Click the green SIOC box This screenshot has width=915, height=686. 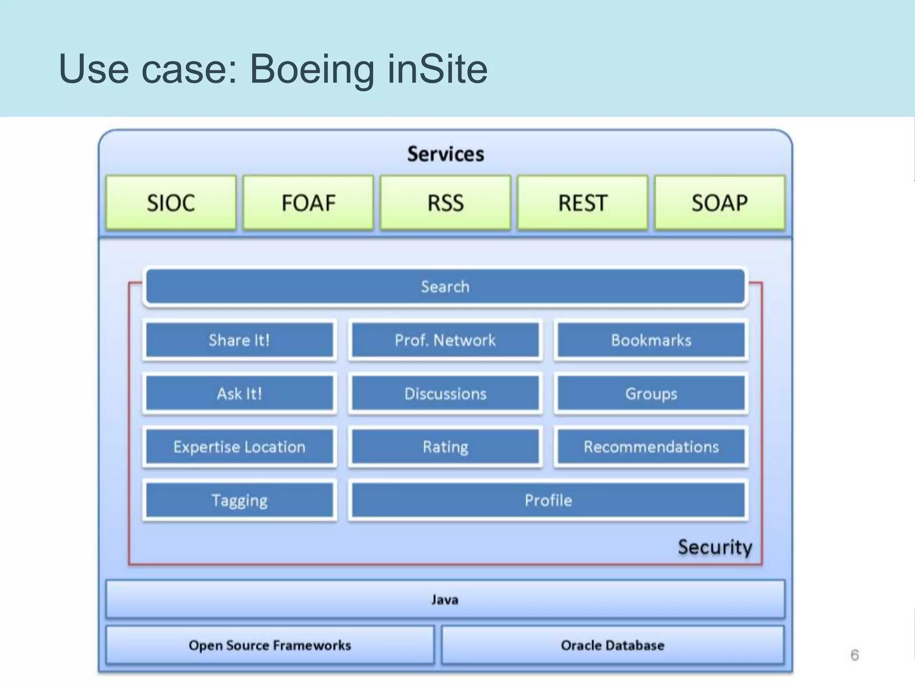point(171,203)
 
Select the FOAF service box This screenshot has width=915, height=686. point(308,203)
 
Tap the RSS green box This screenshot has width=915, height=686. point(445,203)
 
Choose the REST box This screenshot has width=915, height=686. point(583,203)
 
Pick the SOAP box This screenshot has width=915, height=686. point(720,203)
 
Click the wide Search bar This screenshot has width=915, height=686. point(445,286)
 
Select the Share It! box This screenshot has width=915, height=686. point(239,340)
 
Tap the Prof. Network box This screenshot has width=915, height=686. point(445,340)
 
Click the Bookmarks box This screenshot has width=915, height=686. point(651,340)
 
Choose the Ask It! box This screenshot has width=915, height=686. point(239,393)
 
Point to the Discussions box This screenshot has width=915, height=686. point(445,393)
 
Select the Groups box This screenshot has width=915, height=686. point(651,393)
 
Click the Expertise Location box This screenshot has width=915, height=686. point(239,447)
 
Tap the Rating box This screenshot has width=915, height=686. point(445,447)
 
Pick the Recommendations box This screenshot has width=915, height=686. point(651,447)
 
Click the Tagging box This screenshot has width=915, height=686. point(239,500)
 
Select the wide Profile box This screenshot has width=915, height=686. point(548,500)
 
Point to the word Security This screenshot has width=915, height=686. point(715,547)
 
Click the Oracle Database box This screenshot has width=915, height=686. point(613,645)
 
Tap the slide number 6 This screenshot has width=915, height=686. point(855,655)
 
